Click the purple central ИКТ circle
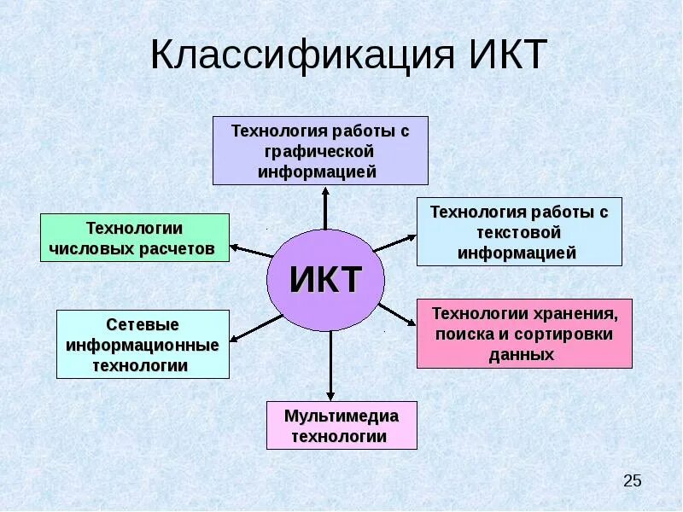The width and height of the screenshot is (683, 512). click(x=325, y=280)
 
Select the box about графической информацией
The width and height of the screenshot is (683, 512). click(x=320, y=151)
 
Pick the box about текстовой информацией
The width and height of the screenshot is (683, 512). click(x=519, y=231)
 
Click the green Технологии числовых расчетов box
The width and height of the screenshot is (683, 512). click(x=135, y=238)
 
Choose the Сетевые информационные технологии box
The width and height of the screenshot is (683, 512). click(x=143, y=345)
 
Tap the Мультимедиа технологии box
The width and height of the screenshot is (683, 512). click(x=341, y=425)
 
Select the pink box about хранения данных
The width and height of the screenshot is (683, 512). click(x=524, y=334)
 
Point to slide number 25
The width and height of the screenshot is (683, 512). click(x=632, y=480)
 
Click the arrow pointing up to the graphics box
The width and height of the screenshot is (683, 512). click(x=325, y=207)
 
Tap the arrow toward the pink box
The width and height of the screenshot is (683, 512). click(x=396, y=313)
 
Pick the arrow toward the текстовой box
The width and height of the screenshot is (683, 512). click(x=394, y=242)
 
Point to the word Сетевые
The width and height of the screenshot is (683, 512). click(x=143, y=325)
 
